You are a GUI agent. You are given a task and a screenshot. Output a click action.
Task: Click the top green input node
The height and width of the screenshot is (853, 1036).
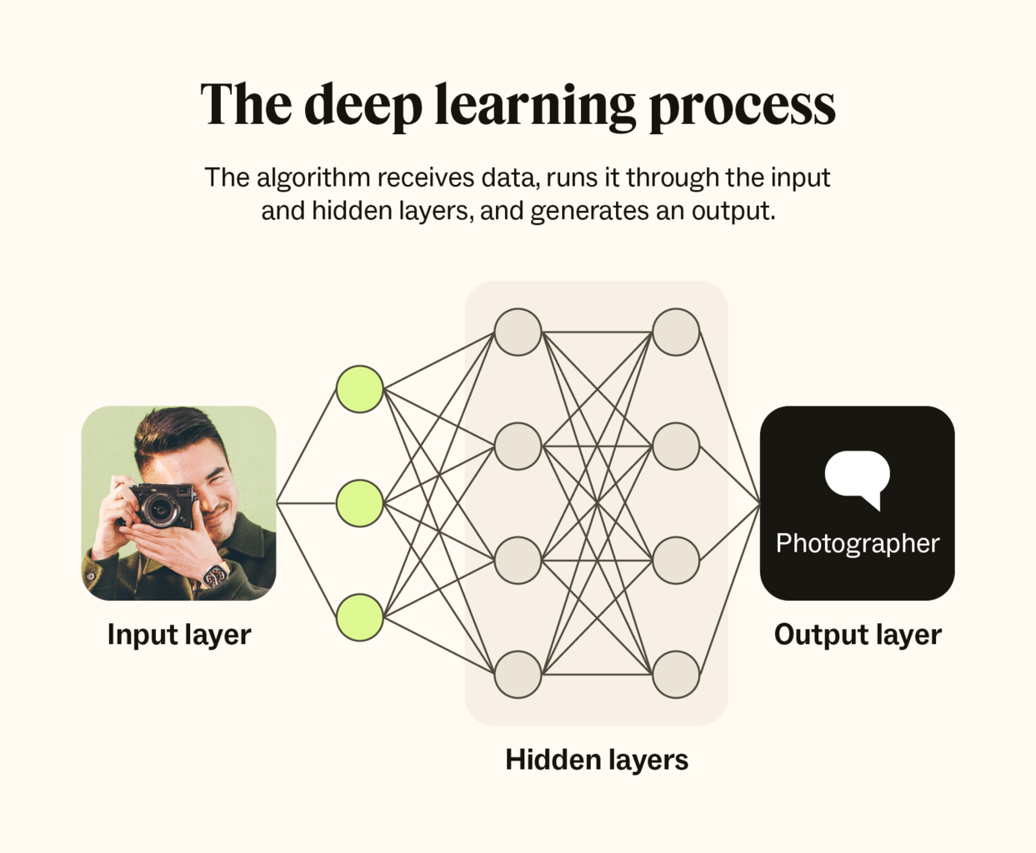pyautogui.click(x=360, y=389)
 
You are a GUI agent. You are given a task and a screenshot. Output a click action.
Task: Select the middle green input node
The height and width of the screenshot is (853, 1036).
pyautogui.click(x=360, y=503)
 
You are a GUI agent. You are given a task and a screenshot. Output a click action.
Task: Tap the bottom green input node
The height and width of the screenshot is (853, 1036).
pyautogui.click(x=360, y=617)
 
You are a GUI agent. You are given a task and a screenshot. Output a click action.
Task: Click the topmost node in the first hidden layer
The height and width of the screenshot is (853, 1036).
pyautogui.click(x=518, y=332)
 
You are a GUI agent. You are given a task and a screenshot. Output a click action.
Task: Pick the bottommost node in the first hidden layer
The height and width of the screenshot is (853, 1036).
pyautogui.click(x=518, y=675)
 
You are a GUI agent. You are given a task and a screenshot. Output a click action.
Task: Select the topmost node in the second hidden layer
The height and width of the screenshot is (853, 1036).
pyautogui.click(x=676, y=332)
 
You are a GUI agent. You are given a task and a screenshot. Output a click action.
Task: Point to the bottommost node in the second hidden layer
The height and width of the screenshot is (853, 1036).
pyautogui.click(x=676, y=675)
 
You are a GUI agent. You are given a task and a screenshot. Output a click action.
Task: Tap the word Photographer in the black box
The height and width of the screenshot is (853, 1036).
pyautogui.click(x=858, y=544)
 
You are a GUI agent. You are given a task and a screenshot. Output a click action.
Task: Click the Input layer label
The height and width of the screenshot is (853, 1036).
pyautogui.click(x=179, y=636)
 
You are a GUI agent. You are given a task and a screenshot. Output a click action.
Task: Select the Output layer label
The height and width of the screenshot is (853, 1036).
pyautogui.click(x=858, y=636)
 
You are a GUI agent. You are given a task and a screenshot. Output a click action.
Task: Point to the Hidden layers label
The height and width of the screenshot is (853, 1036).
pyautogui.click(x=597, y=760)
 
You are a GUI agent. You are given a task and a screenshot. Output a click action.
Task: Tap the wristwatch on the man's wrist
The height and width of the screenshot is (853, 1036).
pyautogui.click(x=215, y=576)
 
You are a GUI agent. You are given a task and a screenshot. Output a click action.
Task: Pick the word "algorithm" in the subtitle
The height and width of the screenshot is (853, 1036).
pyautogui.click(x=313, y=178)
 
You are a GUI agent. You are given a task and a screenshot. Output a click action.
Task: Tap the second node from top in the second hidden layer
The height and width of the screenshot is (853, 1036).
pyautogui.click(x=676, y=446)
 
